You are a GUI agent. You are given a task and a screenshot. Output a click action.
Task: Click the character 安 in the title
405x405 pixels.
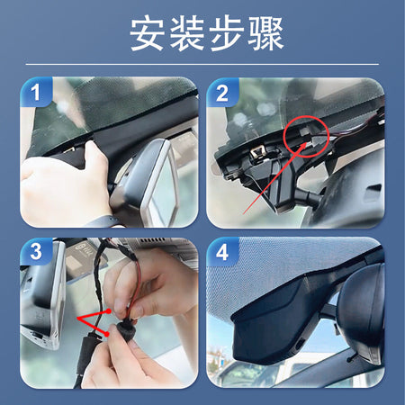[x=147, y=33]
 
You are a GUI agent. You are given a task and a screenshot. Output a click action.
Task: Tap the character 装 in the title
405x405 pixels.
[x=187, y=33]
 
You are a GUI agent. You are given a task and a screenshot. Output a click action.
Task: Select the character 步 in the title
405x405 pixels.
[x=227, y=33]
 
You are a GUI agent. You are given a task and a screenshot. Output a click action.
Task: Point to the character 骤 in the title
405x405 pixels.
[x=265, y=33]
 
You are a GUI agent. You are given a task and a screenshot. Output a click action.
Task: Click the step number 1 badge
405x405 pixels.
[x=36, y=92]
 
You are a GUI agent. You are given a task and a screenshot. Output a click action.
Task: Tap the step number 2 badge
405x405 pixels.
[x=222, y=93]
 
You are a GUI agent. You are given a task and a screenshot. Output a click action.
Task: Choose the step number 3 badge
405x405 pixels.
[x=36, y=251]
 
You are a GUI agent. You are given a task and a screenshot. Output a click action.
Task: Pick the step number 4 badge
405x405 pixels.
[x=222, y=252]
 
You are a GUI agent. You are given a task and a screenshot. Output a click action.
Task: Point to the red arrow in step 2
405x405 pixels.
[x=274, y=178]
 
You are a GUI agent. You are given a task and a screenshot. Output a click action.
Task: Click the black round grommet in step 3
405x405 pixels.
[x=126, y=330]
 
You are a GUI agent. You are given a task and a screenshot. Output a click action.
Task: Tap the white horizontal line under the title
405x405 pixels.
[x=202, y=64]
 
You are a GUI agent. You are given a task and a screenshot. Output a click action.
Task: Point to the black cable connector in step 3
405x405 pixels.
[x=86, y=354]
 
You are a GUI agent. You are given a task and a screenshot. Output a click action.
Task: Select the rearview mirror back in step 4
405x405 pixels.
[x=362, y=312]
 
